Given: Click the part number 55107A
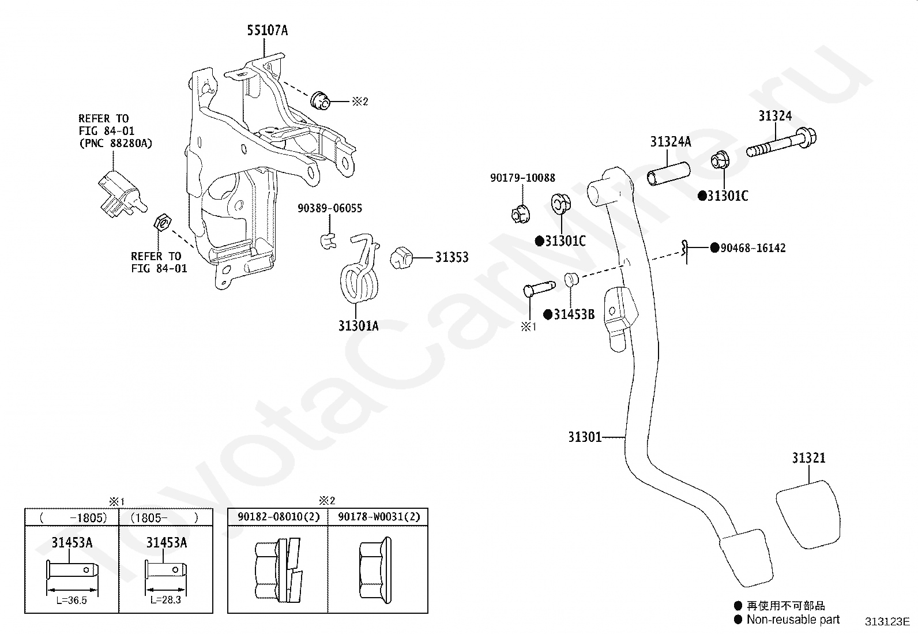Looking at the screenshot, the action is [x=267, y=31].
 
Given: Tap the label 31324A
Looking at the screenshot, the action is [x=671, y=141].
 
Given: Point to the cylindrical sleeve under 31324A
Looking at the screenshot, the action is [x=668, y=174].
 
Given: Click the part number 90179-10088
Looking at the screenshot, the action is [x=522, y=178].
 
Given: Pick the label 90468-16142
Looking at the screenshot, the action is [x=753, y=247].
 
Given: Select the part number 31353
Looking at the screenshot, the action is [x=452, y=257].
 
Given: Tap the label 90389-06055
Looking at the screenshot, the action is [x=330, y=208].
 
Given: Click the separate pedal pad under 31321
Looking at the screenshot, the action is [x=808, y=515].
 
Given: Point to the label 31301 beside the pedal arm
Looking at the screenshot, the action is [x=584, y=437].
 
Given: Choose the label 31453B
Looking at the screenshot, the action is [x=574, y=314].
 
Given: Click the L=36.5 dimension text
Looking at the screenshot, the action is [x=72, y=601].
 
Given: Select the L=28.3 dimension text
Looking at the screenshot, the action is [x=165, y=600].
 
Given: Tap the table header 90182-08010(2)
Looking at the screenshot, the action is [x=279, y=517].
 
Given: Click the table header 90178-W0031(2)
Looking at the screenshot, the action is [x=379, y=517].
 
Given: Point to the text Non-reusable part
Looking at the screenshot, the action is [x=793, y=620].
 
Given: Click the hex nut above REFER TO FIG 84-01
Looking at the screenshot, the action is [x=162, y=223].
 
